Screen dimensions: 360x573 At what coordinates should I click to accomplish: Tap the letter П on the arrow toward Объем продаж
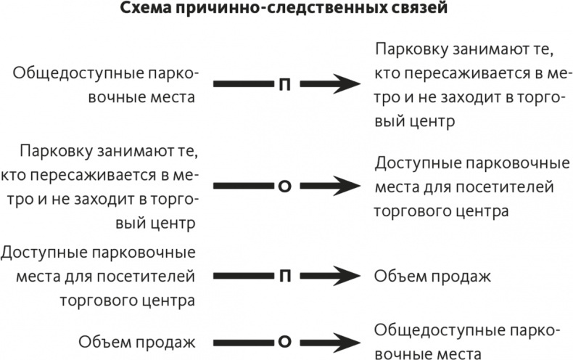click(x=285, y=276)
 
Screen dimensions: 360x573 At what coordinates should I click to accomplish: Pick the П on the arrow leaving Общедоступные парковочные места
click(x=285, y=84)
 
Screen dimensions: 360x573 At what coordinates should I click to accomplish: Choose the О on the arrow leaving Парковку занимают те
click(x=285, y=186)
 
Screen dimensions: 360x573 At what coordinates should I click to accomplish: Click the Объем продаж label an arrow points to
click(x=433, y=277)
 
